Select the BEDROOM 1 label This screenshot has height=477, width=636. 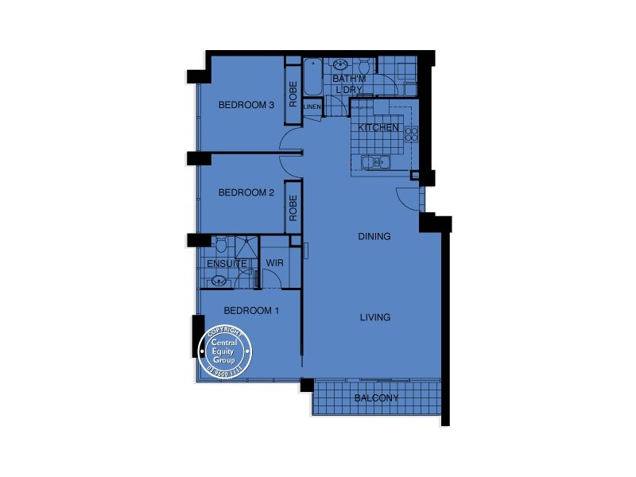(x=250, y=311)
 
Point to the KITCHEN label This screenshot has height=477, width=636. (x=378, y=128)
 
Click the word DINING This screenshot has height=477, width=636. (x=374, y=236)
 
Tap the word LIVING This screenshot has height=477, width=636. (x=374, y=317)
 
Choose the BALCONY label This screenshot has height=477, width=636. (x=376, y=398)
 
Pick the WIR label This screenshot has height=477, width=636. (x=274, y=263)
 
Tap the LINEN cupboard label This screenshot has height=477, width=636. (x=312, y=107)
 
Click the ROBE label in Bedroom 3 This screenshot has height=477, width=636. (x=293, y=95)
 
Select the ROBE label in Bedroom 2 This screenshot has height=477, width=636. (x=293, y=208)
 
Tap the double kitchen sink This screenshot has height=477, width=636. (x=375, y=163)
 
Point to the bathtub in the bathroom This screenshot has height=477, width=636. (x=313, y=79)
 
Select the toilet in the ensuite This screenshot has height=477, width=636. (x=219, y=243)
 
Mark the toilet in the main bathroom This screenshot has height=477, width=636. (x=363, y=68)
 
